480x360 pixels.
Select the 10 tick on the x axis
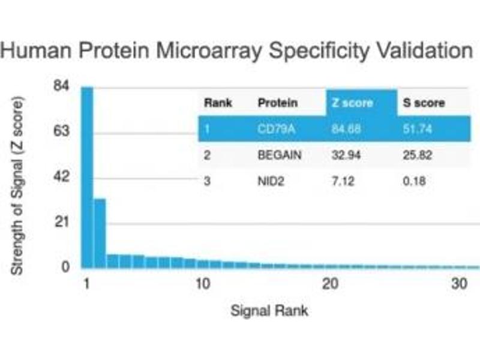tap(203, 284)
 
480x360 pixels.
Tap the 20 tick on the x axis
tap(329, 284)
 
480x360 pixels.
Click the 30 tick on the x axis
tap(460, 284)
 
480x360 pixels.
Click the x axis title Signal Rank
tap(269, 311)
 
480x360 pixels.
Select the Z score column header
tap(352, 103)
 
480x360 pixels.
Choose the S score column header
tap(424, 103)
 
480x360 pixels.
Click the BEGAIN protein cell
tap(280, 155)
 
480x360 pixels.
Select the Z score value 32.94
tap(345, 155)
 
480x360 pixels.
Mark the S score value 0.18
tap(414, 181)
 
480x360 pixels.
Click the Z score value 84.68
tap(345, 129)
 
